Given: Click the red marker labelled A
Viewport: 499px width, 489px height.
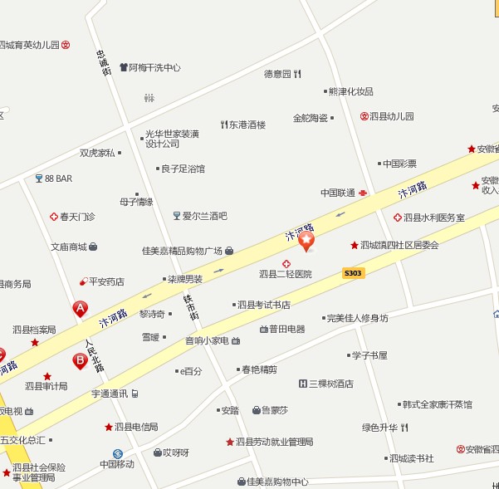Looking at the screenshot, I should pos(81,309).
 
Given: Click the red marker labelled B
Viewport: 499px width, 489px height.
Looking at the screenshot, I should pos(80,360).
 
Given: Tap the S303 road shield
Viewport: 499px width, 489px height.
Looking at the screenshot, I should pos(353,273).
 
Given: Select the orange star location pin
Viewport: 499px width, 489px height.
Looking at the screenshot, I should pos(307,242).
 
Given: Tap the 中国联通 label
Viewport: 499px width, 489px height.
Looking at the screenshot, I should pos(338,193).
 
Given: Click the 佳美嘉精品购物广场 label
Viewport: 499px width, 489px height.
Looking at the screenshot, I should pos(182,251).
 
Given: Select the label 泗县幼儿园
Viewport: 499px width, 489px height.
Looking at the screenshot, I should pos(391,117).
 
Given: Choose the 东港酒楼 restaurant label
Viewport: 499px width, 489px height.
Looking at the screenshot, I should pos(247,125).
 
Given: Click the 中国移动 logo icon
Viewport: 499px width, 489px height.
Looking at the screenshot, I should pos(118,453).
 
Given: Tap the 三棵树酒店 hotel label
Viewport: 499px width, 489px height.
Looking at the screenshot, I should pos(330,384).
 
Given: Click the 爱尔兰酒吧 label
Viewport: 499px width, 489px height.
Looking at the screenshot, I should pos(204,216).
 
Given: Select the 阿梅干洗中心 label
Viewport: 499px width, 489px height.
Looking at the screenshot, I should pos(154,67).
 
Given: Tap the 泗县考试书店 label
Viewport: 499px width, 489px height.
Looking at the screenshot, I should pos(263,305).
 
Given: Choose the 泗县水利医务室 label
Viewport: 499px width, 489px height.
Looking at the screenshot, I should pos(433,218).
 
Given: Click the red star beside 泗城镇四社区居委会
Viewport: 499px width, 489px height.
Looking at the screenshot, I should pos(355,245).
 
